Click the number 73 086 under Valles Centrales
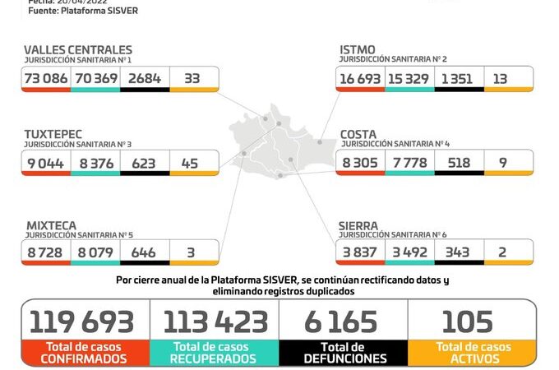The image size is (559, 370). pos(47,78)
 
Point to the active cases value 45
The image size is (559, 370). pos(191,163)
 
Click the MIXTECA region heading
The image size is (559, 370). pos(50,224)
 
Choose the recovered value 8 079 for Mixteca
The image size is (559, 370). pos(95,251)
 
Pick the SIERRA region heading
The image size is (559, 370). pos(359,224)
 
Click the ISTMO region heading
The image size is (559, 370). pos(358,50)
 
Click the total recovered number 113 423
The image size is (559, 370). pos(215,321)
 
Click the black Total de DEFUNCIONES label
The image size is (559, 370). pos(344,353)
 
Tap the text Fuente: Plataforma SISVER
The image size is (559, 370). pos(83,11)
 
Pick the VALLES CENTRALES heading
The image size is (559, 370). pos(78,50)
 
